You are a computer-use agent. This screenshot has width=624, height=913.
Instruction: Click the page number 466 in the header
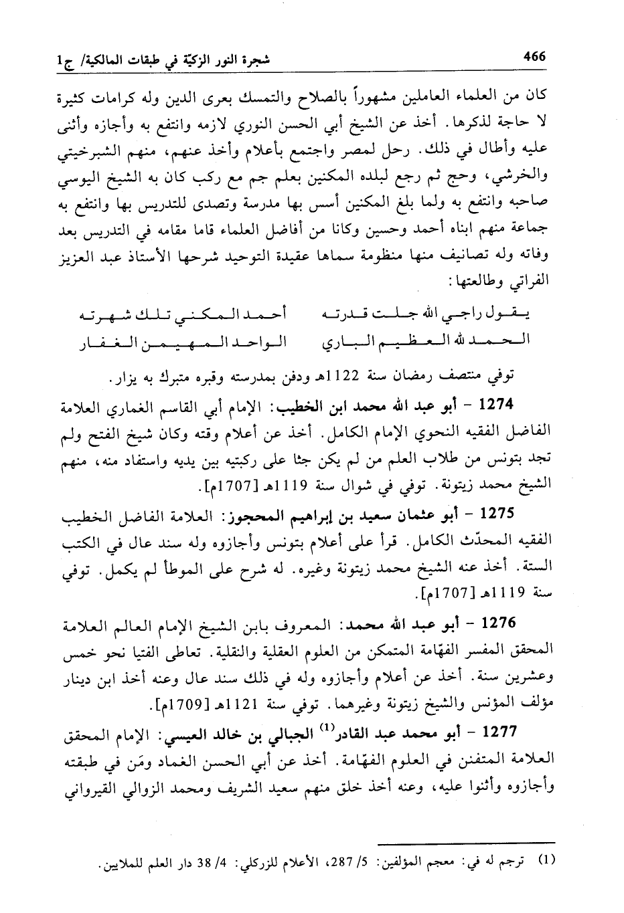[x=534, y=57]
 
